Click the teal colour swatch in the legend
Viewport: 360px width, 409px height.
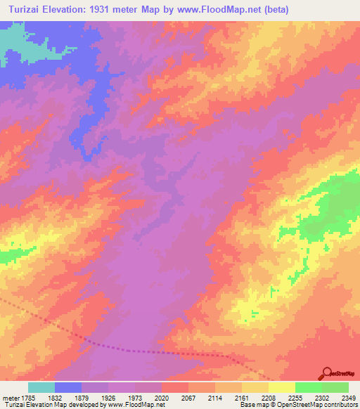pyautogui.click(x=41, y=387)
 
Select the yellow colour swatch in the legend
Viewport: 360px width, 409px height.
pyautogui.click(x=282, y=387)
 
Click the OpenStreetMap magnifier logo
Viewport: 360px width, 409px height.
pyautogui.click(x=328, y=372)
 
